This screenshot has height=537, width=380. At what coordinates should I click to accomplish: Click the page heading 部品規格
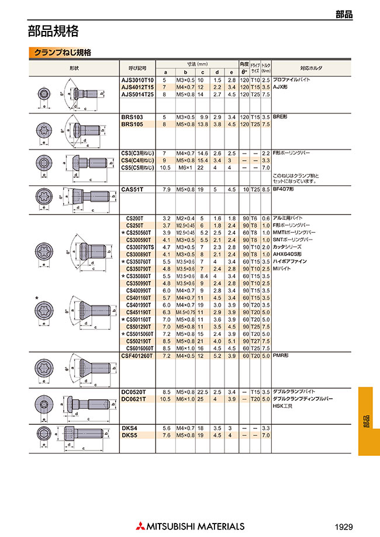[x=53, y=30]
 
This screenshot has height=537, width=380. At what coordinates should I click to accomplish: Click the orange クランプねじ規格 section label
[x=62, y=52]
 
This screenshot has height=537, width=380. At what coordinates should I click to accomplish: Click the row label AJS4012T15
[x=137, y=86]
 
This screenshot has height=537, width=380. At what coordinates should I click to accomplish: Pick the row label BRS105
[x=132, y=124]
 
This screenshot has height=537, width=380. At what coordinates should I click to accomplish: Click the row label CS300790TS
[x=139, y=247]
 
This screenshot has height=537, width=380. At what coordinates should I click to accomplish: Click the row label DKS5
[x=129, y=435]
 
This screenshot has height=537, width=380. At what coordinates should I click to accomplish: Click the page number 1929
[x=344, y=526]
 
